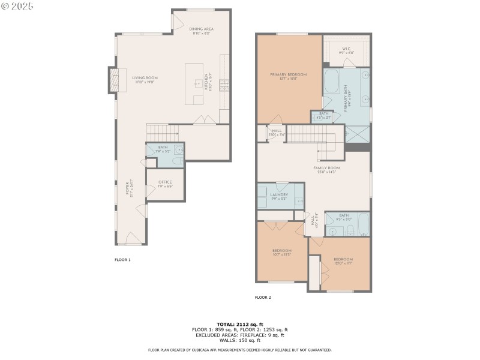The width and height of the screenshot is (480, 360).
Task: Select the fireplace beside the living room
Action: click(113, 80)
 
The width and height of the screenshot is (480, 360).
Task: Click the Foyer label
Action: click(128, 188)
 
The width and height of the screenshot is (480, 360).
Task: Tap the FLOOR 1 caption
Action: click(122, 260)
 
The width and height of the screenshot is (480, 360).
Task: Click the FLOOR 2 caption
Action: click(263, 297)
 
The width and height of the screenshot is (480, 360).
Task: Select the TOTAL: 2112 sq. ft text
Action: click(239, 324)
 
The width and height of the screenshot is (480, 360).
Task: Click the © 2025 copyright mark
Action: click(17, 6)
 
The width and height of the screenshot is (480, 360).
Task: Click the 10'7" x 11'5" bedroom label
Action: click(281, 253)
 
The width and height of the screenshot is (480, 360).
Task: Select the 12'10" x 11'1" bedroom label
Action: click(344, 262)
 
